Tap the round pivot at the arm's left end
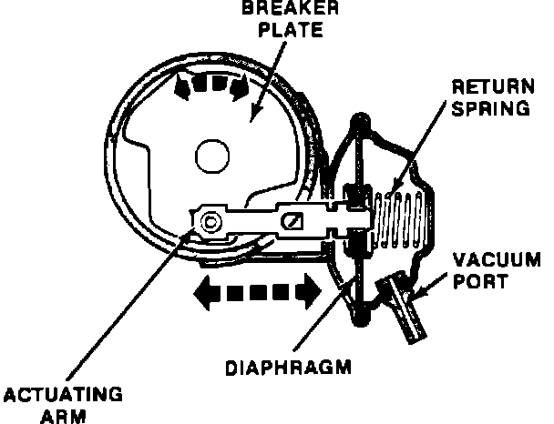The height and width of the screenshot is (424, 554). click(210, 221)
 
